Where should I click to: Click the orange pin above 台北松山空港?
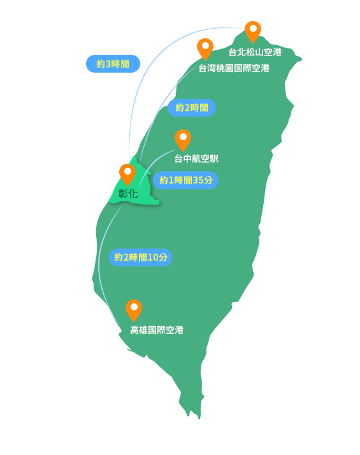pyautogui.click(x=253, y=31)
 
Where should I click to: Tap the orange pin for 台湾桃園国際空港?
pyautogui.click(x=205, y=48)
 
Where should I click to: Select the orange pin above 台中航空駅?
pyautogui.click(x=183, y=140)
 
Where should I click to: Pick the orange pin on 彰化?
pyautogui.click(x=127, y=174)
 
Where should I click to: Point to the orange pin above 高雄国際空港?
pyautogui.click(x=134, y=310)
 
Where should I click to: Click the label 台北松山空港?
pyautogui.click(x=255, y=52)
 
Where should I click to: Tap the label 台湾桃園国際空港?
pyautogui.click(x=234, y=68)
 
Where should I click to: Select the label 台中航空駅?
pyautogui.click(x=196, y=159)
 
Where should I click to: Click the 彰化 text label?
pyautogui.click(x=128, y=194)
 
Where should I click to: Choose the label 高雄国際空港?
pyautogui.click(x=157, y=330)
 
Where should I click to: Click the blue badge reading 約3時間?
pyautogui.click(x=113, y=64)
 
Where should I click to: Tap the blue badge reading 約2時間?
pyautogui.click(x=192, y=108)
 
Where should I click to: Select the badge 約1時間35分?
pyautogui.click(x=185, y=180)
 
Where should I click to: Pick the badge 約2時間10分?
pyautogui.click(x=141, y=257)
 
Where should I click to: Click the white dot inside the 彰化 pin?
pyautogui.click(x=127, y=171)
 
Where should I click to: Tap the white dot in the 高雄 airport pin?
pyautogui.click(x=134, y=307)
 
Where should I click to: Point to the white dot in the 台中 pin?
pyautogui.click(x=183, y=136)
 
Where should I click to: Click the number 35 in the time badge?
pyautogui.click(x=198, y=180)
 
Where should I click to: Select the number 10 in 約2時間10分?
pyautogui.click(x=153, y=257)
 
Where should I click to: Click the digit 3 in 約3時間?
pyautogui.click(x=108, y=64)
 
